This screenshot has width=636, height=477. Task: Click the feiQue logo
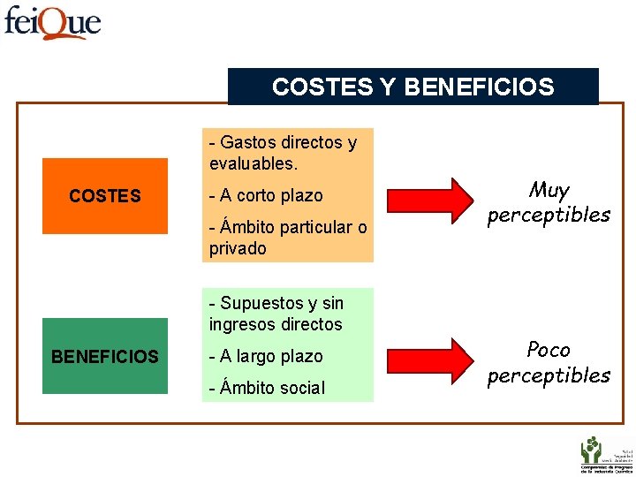[52, 21]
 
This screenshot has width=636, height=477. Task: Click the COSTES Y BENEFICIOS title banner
[413, 87]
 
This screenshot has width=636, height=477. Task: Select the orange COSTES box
[104, 196]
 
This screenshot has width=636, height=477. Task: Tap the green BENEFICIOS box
[104, 357]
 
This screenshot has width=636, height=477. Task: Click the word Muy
[549, 190]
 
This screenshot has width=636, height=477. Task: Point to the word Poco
[549, 350]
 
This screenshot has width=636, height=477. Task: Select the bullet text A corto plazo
[266, 195]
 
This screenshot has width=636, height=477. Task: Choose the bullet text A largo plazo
[266, 356]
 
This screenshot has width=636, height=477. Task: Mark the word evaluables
[254, 163]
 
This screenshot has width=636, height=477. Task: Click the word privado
[238, 248]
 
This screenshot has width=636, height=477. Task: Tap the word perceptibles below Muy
[549, 215]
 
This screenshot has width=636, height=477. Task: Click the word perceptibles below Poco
[549, 375]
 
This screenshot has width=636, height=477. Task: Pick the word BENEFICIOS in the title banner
[479, 87]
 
